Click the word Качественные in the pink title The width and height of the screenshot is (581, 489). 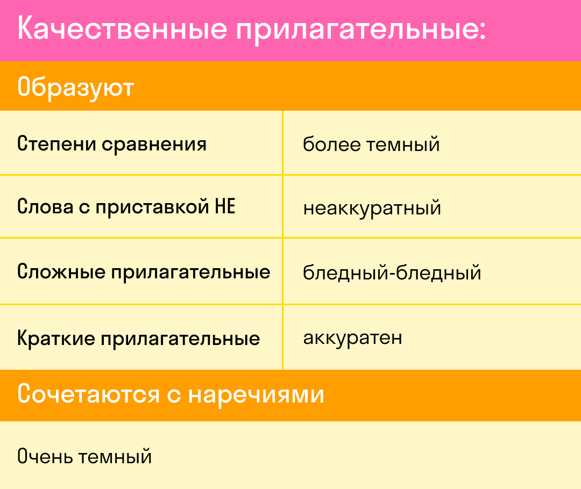pyautogui.click(x=122, y=28)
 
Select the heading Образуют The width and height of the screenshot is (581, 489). pyautogui.click(x=76, y=88)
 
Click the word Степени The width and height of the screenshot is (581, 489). pyautogui.click(x=56, y=143)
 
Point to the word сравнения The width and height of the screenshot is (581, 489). pyautogui.click(x=154, y=145)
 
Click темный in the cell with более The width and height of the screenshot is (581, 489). pyautogui.click(x=403, y=145)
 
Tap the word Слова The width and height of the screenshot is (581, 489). pyautogui.click(x=45, y=206)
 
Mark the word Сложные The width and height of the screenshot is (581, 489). pyautogui.click(x=61, y=272)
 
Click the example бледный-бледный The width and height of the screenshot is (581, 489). pyautogui.click(x=392, y=273)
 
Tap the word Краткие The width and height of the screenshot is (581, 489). pyautogui.click(x=56, y=338)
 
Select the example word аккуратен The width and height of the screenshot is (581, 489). pyautogui.click(x=352, y=339)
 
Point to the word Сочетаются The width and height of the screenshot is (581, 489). pyautogui.click(x=89, y=394)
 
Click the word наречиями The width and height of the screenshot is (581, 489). pyautogui.click(x=256, y=395)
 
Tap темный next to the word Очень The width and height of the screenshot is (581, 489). pyautogui.click(x=116, y=457)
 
